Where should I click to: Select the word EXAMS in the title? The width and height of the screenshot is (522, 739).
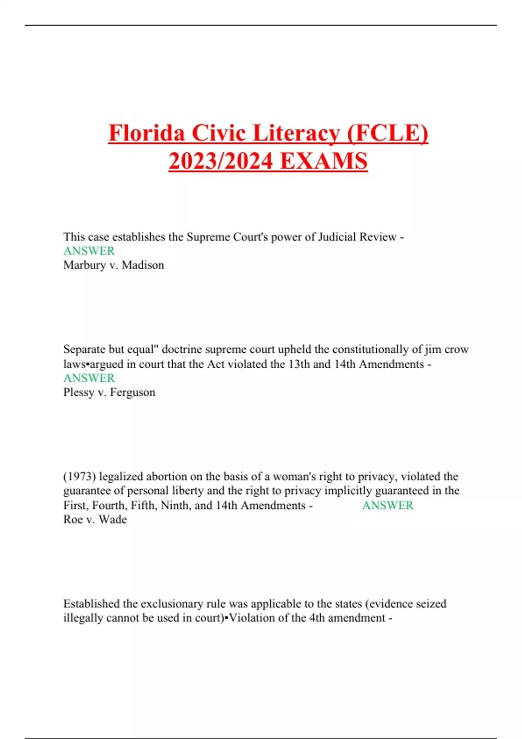324,161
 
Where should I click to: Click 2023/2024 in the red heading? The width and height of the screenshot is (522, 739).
221,161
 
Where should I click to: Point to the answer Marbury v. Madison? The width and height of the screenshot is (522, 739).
114,265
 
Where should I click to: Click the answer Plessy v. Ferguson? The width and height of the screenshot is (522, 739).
109,392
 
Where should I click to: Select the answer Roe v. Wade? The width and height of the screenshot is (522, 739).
95,519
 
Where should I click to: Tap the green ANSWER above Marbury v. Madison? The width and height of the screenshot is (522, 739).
89,251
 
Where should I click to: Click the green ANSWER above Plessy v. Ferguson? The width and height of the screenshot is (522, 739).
89,378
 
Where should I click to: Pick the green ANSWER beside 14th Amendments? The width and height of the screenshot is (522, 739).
388,505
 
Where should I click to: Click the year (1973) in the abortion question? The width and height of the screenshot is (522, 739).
80,476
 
